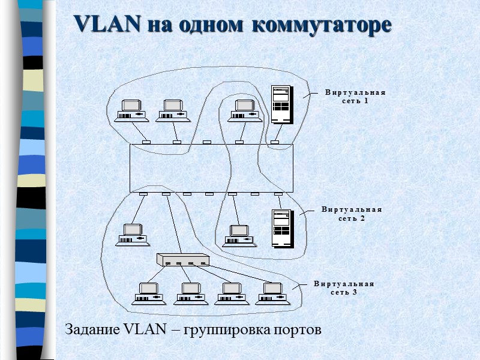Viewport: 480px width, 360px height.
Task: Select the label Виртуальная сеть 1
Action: [x=355, y=97]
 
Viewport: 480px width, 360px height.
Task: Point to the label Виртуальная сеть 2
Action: [x=352, y=214]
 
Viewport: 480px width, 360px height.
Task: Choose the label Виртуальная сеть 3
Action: [x=344, y=287]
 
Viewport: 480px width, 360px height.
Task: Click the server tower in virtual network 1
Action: [x=281, y=104]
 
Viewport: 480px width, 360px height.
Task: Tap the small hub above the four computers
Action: [x=182, y=260]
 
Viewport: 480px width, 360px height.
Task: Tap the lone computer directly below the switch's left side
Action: [x=132, y=234]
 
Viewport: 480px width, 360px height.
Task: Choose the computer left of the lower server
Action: [x=238, y=235]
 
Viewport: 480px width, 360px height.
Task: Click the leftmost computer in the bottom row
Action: [x=148, y=293]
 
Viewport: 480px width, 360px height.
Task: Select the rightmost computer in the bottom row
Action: [x=272, y=293]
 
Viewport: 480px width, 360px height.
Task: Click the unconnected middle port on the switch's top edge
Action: [x=207, y=142]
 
